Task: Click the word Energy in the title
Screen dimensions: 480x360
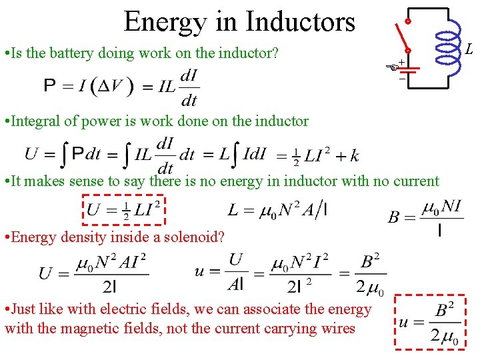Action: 164,21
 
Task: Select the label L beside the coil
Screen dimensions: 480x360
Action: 469,50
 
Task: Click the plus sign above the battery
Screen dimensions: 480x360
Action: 402,62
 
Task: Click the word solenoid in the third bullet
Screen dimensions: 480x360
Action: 194,237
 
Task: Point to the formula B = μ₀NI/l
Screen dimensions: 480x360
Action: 425,217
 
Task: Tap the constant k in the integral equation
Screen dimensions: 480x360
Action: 354,156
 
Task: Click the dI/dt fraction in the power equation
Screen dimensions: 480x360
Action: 189,87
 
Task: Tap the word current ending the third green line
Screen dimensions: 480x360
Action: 417,181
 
